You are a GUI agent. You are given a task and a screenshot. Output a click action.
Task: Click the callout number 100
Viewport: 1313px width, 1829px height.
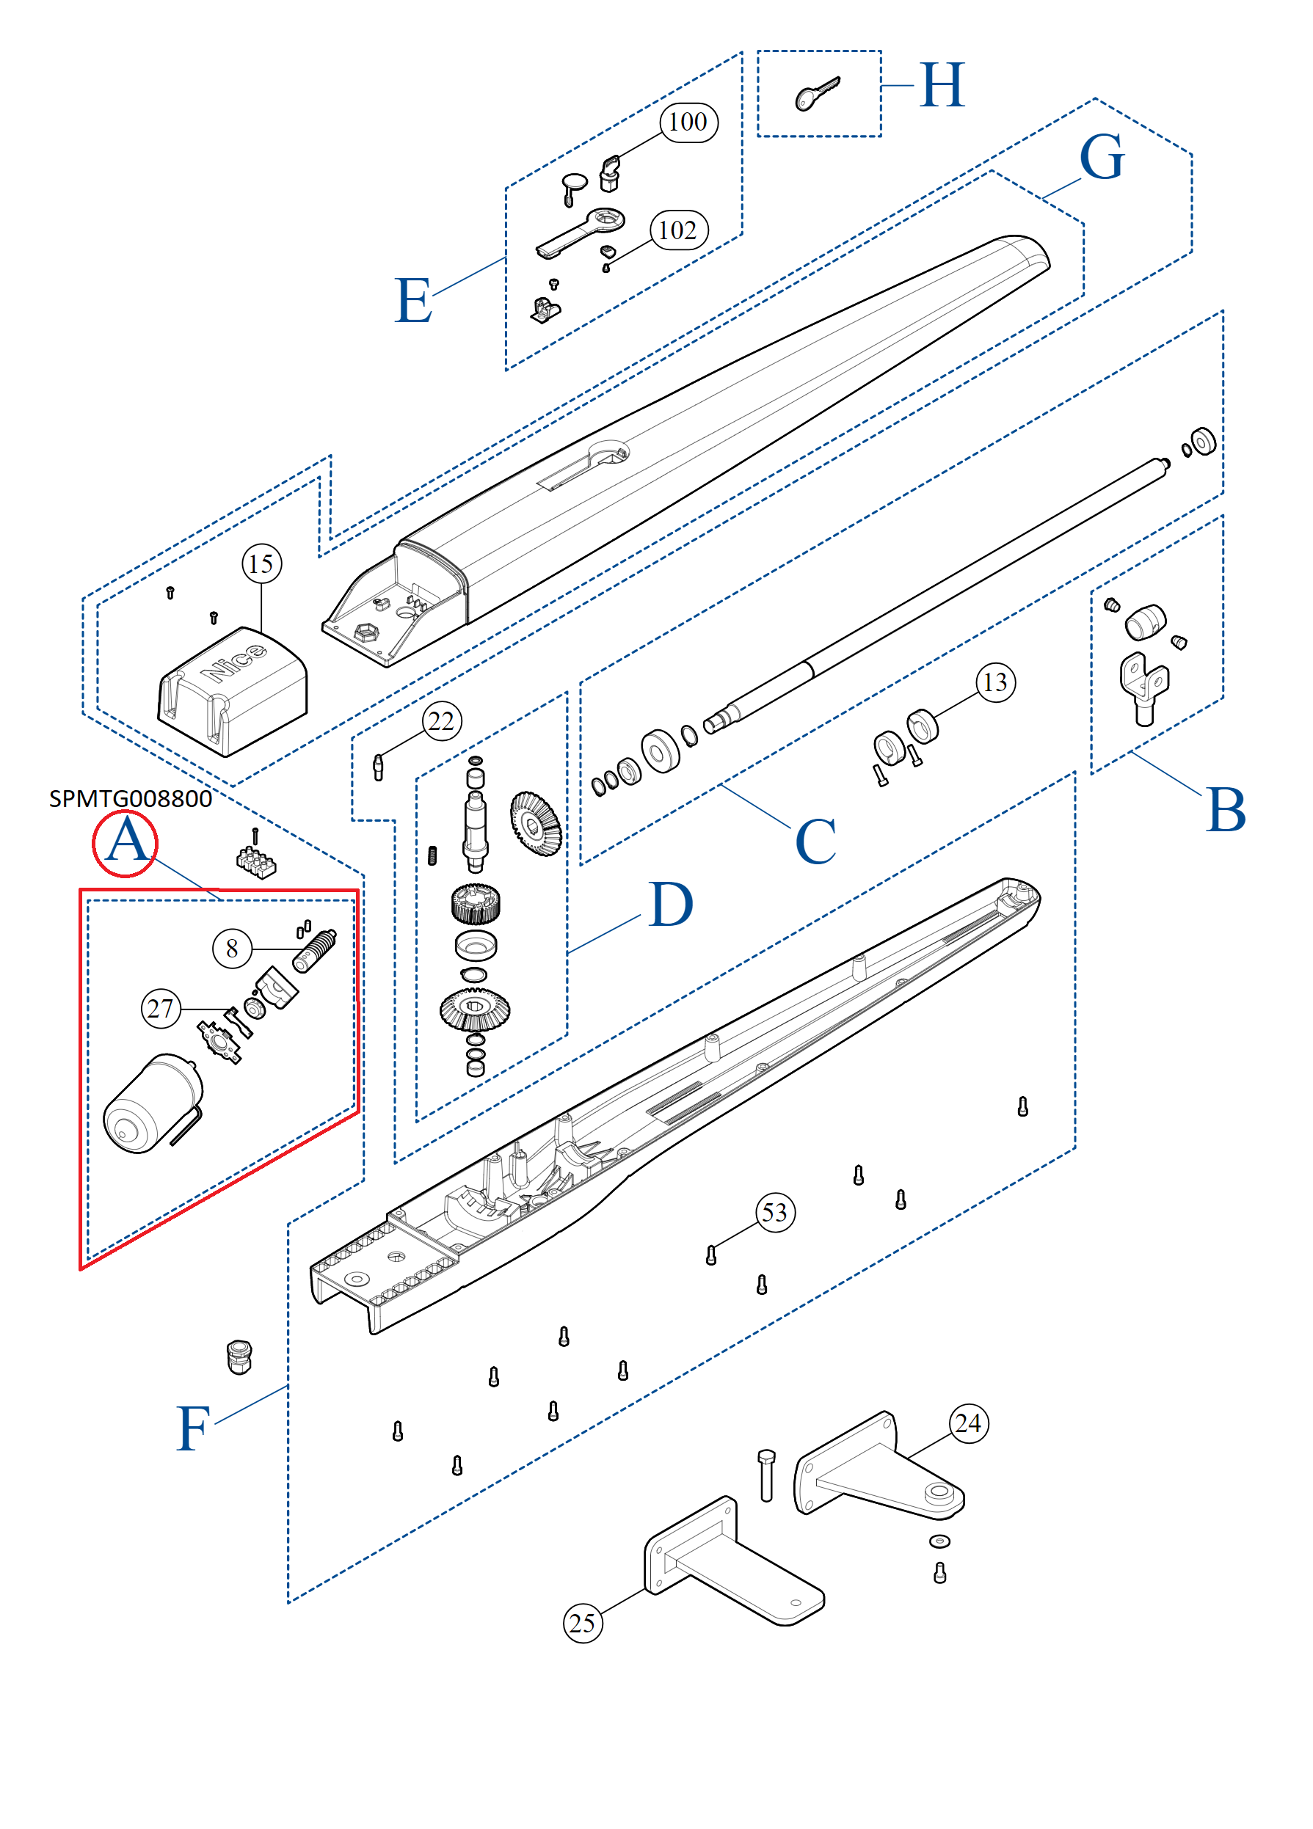pos(688,123)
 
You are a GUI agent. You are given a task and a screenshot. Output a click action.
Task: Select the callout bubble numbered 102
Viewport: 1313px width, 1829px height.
pos(678,230)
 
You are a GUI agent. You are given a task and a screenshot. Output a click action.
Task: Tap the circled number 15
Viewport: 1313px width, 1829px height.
pos(261,563)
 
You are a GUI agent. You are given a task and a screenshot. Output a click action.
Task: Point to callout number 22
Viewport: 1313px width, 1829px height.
pos(441,721)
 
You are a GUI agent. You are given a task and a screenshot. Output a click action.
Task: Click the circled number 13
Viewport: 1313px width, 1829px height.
pos(995,682)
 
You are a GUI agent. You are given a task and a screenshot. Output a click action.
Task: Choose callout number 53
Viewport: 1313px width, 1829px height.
pos(774,1213)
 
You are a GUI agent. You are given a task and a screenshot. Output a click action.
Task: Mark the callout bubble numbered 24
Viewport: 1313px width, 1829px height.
pos(968,1423)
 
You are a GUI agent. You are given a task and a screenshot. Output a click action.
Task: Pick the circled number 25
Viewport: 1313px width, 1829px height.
pos(582,1623)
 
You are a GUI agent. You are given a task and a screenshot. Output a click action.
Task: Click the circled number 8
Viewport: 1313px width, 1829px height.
pos(232,949)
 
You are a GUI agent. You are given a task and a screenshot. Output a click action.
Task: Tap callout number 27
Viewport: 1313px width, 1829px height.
pos(161,1008)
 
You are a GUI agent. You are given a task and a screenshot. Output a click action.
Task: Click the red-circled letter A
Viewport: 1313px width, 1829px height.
pos(125,843)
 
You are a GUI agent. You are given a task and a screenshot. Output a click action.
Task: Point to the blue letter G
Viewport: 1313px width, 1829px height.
pos(1101,157)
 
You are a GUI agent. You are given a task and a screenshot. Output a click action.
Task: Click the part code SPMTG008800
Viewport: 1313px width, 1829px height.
pos(130,798)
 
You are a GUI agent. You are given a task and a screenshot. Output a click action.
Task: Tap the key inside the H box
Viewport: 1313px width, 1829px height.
pos(817,95)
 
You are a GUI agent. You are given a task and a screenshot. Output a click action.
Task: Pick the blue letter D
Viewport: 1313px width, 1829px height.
pos(670,905)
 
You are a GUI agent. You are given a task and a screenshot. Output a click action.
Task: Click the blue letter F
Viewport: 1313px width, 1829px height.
pos(194,1429)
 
